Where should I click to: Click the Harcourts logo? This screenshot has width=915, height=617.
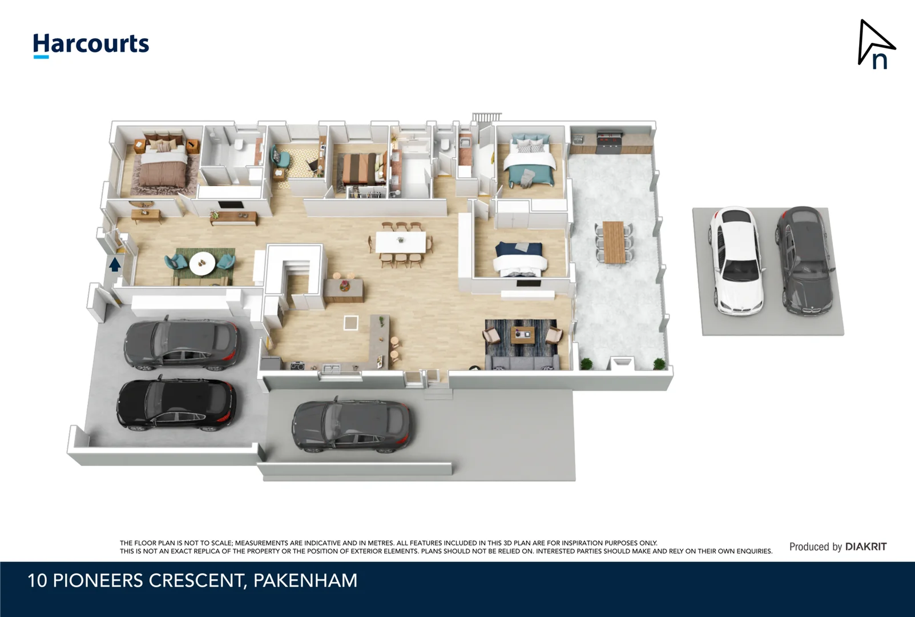[x=91, y=45]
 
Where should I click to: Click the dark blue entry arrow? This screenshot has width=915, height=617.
[x=115, y=265]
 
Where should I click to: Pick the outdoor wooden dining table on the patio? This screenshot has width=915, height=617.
[x=614, y=242]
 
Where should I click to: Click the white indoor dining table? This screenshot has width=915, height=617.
[x=401, y=242]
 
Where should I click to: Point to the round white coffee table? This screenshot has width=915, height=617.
[x=202, y=262]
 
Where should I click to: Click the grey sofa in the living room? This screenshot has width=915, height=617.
[x=522, y=362]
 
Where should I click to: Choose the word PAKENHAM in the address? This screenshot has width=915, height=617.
[x=305, y=580]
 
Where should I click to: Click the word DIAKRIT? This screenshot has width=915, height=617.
[x=866, y=547]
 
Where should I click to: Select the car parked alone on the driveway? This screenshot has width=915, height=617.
[x=350, y=426]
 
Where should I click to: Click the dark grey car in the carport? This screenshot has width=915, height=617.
[x=804, y=260]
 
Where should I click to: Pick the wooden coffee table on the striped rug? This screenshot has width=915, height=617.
[x=522, y=334]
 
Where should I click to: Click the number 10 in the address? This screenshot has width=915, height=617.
[x=37, y=580]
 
